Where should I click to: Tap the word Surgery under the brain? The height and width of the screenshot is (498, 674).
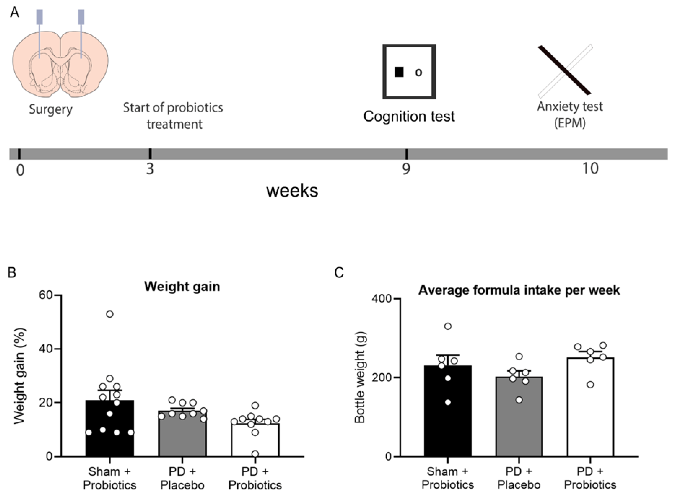[51, 109]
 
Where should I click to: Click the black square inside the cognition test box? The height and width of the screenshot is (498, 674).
[399, 72]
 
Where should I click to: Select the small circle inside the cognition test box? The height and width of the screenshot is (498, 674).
[418, 72]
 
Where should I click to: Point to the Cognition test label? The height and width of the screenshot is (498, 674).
[409, 116]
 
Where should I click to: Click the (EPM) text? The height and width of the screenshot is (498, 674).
[570, 123]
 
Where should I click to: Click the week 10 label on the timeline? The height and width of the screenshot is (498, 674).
[590, 169]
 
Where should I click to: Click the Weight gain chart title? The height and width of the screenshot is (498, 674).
[182, 286]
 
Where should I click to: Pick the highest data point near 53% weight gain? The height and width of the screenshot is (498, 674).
[110, 314]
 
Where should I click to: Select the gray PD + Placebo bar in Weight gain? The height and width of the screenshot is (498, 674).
[182, 437]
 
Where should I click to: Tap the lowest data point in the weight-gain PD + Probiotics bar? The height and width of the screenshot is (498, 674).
[255, 454]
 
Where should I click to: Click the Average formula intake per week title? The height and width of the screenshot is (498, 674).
[519, 290]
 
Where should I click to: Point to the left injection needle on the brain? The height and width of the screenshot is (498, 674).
[40, 33]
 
